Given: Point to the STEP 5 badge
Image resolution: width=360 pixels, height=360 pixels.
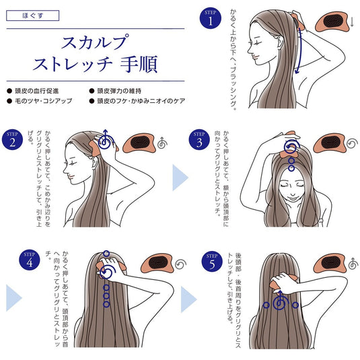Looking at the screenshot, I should point(211,261).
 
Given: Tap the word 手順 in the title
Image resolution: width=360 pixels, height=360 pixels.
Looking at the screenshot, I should point(139,66).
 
